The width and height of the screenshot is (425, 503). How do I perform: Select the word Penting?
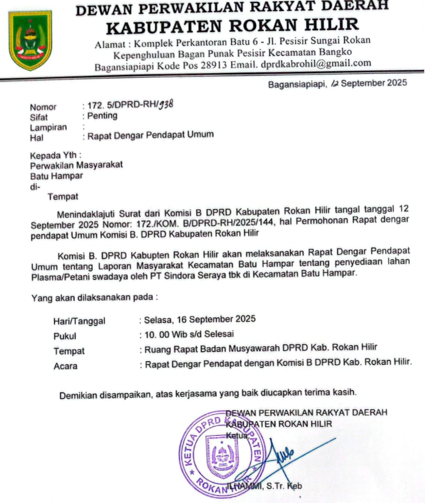102,116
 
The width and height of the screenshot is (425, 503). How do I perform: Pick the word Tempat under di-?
63,197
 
